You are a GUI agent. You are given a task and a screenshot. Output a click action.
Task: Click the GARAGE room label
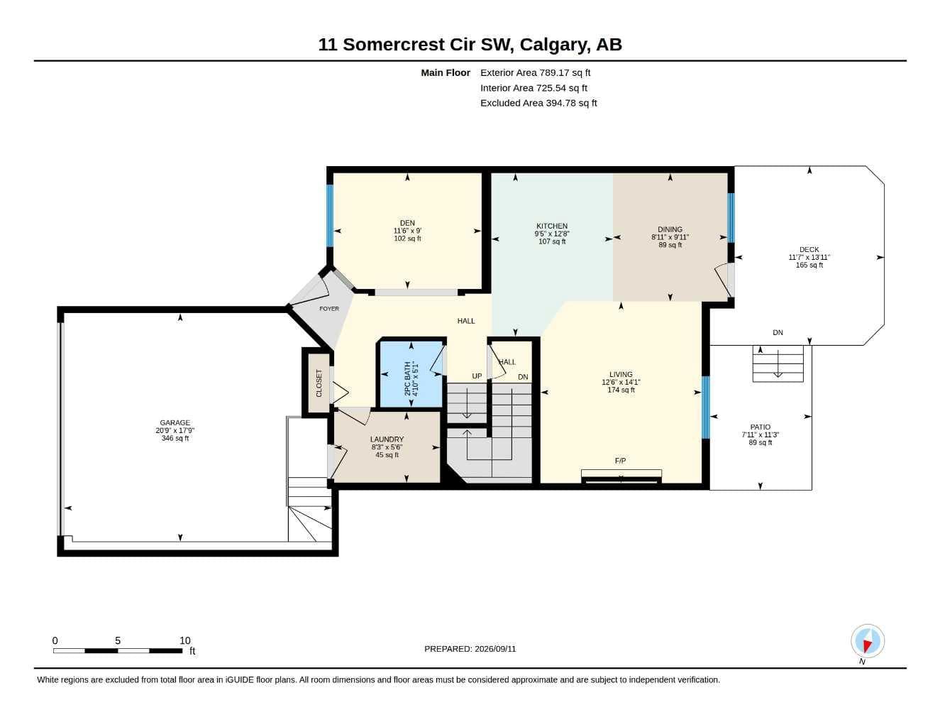(x=175, y=423)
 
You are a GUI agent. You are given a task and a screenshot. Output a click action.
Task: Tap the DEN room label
(x=407, y=224)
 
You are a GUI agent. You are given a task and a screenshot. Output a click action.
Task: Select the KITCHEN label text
(x=551, y=226)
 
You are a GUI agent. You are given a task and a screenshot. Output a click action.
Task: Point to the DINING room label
(x=670, y=230)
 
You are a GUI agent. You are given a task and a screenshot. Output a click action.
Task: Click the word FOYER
(x=328, y=309)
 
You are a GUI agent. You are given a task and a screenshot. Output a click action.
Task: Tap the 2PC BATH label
(x=407, y=378)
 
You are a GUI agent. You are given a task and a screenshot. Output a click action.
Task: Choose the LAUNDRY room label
(x=387, y=439)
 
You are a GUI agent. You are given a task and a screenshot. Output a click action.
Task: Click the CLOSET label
(x=319, y=383)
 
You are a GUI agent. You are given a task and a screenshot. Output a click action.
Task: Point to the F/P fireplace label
(x=620, y=461)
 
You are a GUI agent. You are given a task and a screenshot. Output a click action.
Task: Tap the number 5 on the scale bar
(x=118, y=640)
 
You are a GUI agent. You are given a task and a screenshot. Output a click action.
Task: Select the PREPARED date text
(x=470, y=649)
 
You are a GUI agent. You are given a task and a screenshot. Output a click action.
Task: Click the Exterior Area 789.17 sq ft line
(x=535, y=72)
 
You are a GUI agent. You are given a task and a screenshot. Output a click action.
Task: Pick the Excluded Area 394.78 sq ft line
(x=538, y=103)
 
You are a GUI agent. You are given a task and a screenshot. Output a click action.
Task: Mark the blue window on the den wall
(x=330, y=216)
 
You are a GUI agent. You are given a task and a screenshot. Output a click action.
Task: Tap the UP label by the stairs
(x=476, y=376)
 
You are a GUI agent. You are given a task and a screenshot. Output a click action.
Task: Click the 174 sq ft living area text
(x=621, y=390)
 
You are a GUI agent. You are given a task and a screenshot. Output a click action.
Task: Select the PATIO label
(x=760, y=427)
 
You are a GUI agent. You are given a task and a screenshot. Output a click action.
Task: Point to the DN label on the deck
(x=778, y=333)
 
